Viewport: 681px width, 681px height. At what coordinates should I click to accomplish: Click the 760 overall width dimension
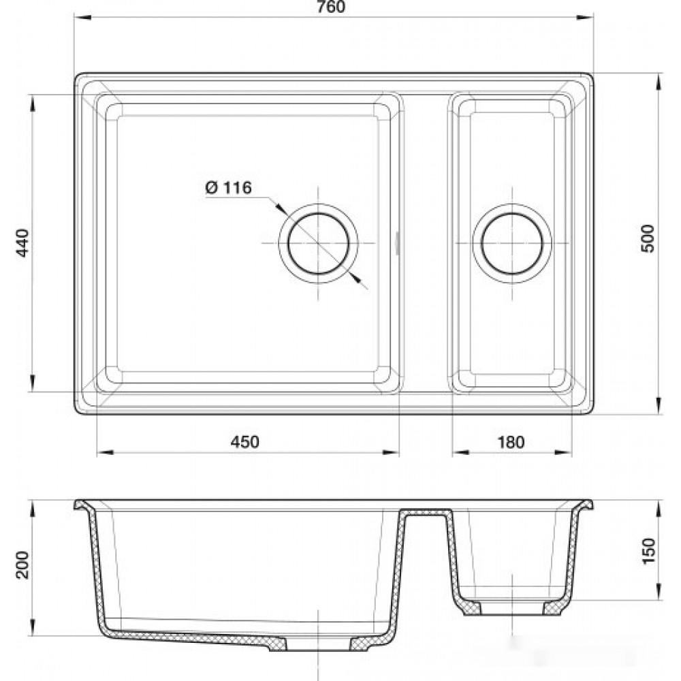tap(332, 7)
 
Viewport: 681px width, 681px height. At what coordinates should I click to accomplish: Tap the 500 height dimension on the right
tap(647, 238)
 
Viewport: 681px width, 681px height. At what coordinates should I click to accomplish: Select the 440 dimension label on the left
tap(22, 243)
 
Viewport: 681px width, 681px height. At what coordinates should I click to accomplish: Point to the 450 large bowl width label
tap(245, 442)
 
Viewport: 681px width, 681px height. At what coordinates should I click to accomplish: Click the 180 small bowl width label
tap(511, 442)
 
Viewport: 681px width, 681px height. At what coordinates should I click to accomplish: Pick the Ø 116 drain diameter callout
tap(228, 188)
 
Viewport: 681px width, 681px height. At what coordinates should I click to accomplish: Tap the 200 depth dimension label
tap(22, 565)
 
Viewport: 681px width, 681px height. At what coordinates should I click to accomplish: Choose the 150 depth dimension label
tap(647, 551)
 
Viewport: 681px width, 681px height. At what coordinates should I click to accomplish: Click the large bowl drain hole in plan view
tap(318, 243)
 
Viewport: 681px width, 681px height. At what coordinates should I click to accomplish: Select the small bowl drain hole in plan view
tap(512, 243)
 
